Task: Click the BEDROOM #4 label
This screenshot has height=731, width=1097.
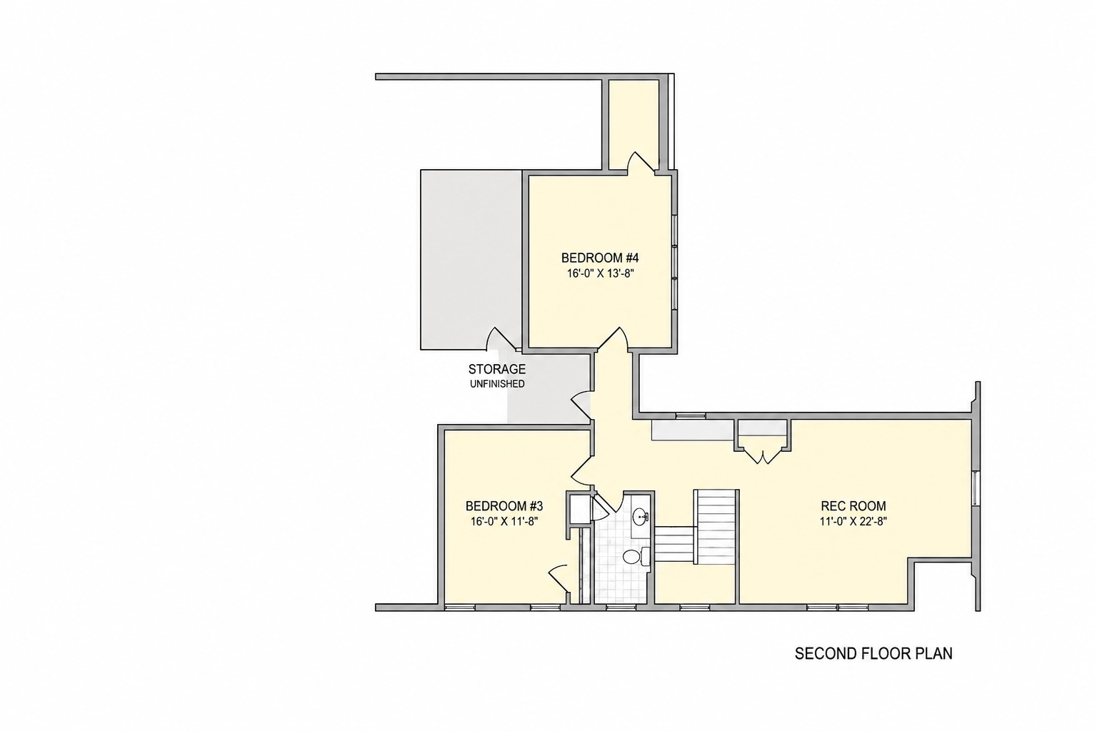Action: click(x=600, y=258)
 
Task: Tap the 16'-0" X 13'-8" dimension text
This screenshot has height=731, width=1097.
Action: click(x=601, y=273)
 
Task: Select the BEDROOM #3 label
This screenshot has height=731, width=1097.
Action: click(x=504, y=506)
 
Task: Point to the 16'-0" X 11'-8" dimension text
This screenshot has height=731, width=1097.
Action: click(x=504, y=521)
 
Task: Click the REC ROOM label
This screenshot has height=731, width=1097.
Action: click(x=853, y=506)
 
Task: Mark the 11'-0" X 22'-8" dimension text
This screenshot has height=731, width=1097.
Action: click(x=853, y=521)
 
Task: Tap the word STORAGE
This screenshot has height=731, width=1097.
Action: click(x=497, y=369)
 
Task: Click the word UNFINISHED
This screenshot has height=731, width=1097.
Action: click(x=497, y=384)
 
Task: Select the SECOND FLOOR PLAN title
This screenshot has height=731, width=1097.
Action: click(x=873, y=654)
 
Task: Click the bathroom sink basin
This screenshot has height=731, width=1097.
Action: click(x=640, y=516)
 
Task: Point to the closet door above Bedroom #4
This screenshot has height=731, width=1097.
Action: click(x=641, y=163)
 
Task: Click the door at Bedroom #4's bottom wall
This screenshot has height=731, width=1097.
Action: click(x=612, y=340)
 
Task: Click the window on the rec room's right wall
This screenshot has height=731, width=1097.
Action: click(x=975, y=488)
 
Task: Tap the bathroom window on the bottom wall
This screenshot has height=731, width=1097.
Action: click(x=621, y=608)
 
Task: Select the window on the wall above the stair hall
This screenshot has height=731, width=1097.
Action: click(x=691, y=415)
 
